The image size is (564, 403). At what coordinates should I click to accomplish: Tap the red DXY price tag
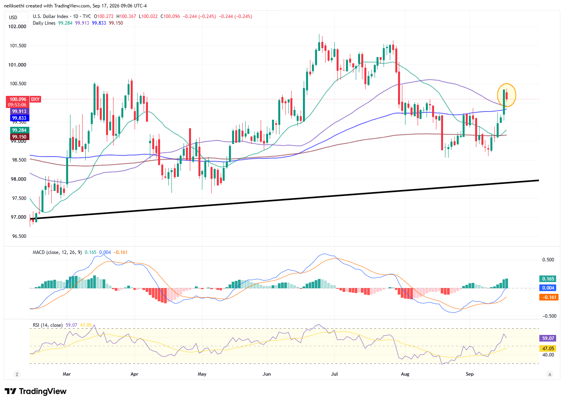(35, 99)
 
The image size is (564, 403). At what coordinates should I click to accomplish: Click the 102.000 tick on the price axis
(17, 27)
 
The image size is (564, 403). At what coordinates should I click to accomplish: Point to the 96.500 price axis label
(18, 236)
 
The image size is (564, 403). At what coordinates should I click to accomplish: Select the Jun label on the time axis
(267, 374)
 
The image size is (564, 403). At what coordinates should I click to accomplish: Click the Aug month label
(405, 374)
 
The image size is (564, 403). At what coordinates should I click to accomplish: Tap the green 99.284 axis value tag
(20, 130)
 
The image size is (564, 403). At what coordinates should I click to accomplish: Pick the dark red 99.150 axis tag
(20, 137)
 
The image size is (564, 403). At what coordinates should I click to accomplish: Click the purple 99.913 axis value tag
(20, 111)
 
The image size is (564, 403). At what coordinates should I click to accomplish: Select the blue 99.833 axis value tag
(20, 118)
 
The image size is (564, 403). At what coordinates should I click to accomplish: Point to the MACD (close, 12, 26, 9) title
(57, 252)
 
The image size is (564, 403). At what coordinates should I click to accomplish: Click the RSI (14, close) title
(48, 325)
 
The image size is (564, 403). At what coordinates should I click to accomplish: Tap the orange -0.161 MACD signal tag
(549, 297)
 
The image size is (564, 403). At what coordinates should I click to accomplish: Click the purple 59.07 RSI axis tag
(548, 338)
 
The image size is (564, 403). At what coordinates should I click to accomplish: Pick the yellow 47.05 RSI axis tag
(548, 349)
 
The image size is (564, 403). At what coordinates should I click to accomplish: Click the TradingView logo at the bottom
(36, 391)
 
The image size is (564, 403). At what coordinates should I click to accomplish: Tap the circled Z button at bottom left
(17, 374)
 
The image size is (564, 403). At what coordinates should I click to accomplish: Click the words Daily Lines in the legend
(44, 23)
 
